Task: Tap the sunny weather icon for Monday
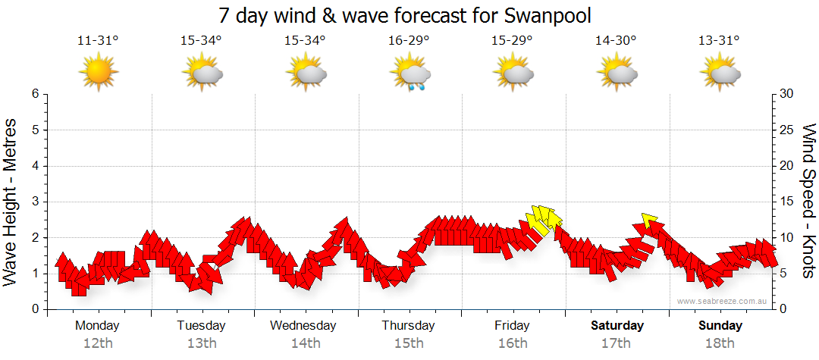click(x=99, y=73)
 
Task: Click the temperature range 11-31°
click(x=98, y=41)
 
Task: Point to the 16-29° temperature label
click(x=409, y=41)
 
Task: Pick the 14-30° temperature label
click(x=615, y=41)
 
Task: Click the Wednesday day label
click(x=303, y=326)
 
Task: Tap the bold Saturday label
click(x=617, y=326)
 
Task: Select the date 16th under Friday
click(x=513, y=343)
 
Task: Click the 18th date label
click(x=720, y=343)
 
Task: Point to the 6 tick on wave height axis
click(x=35, y=94)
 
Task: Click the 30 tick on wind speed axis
click(x=787, y=94)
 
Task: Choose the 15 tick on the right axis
click(x=787, y=202)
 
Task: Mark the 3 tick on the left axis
click(x=35, y=202)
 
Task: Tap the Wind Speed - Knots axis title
click(x=808, y=202)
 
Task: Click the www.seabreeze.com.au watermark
click(x=723, y=301)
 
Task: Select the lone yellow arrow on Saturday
click(x=649, y=220)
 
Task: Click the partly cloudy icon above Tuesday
click(x=202, y=74)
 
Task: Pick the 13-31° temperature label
click(x=719, y=41)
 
